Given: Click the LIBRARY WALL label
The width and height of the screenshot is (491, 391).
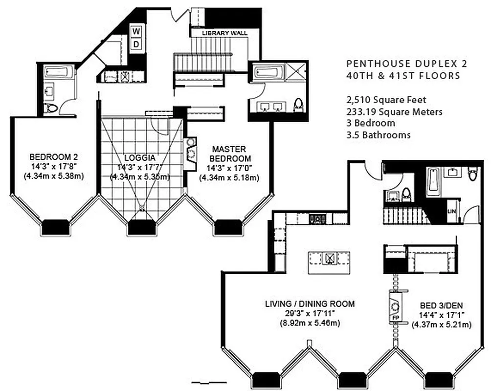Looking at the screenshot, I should tap(225, 33).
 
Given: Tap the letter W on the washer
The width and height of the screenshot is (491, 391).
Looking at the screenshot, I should tap(137, 32).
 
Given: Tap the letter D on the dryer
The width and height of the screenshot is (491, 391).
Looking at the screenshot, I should tap(137, 44).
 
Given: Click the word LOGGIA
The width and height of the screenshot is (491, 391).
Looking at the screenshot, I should tap(140, 157).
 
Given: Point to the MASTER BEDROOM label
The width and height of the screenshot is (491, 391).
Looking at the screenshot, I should tap(229, 153).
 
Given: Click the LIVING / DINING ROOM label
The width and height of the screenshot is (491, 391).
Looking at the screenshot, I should tap(310, 304).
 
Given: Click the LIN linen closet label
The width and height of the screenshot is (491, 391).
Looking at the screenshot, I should tap(452, 211).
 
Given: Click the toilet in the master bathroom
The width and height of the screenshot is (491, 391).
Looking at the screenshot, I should tap(298, 104).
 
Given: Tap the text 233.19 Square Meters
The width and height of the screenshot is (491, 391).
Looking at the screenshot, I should tap(394, 111).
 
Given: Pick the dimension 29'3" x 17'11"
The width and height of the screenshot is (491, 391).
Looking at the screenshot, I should tap(310, 314).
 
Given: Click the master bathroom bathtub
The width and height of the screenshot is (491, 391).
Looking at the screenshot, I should tap(267, 73).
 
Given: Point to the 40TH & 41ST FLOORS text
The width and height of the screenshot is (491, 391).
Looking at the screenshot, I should tap(403, 76).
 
